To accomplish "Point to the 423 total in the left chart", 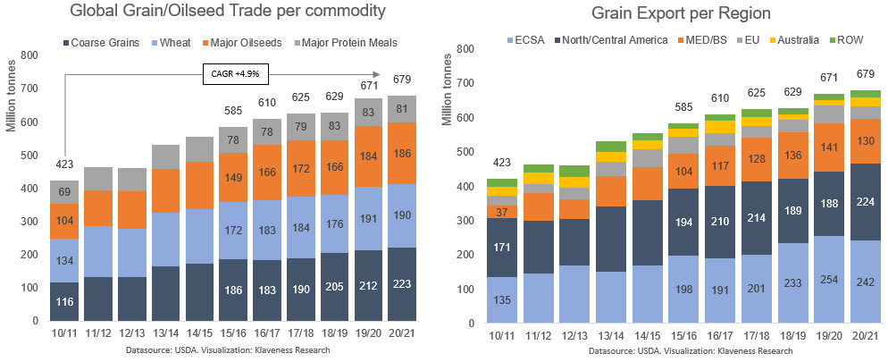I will tap(64, 164).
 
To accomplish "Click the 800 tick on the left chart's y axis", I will tap(29, 55).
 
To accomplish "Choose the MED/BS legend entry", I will tap(703, 41).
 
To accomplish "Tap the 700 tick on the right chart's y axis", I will tap(465, 83).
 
